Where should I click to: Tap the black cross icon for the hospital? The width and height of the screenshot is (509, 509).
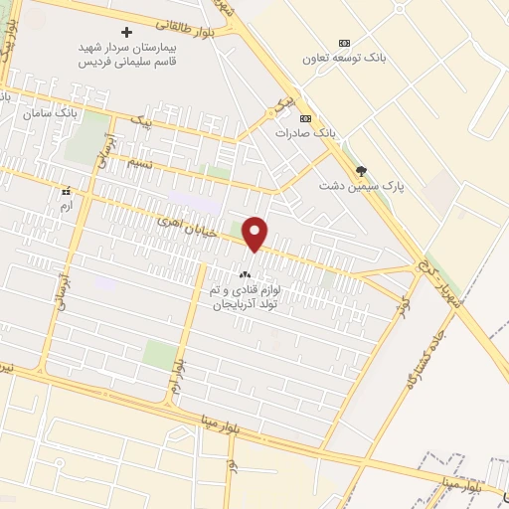(126, 32)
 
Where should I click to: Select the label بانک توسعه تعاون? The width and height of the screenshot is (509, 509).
(344, 58)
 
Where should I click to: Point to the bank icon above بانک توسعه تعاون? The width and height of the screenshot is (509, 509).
(344, 43)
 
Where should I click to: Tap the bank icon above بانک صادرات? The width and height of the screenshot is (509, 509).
(304, 117)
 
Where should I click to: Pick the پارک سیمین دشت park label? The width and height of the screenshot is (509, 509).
(356, 185)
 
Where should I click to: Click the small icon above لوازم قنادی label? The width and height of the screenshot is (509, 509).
(245, 274)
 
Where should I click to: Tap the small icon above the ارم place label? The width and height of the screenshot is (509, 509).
(67, 191)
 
